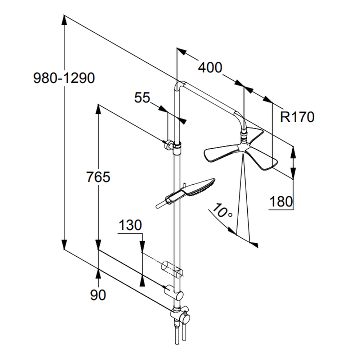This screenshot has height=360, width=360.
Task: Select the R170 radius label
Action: [297, 117]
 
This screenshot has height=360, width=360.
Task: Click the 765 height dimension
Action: [98, 177]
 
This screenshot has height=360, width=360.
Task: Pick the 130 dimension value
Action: [130, 225]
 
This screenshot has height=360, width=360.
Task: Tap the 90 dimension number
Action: [98, 295]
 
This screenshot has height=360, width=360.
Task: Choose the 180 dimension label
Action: [281, 202]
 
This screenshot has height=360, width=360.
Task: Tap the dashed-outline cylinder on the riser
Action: [169, 268]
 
